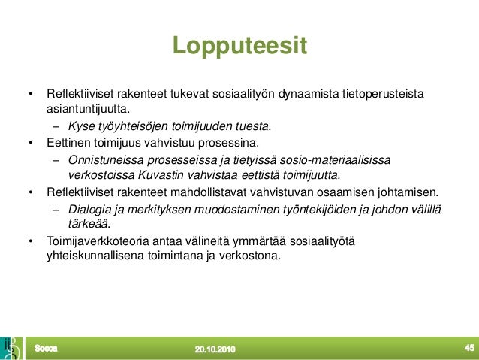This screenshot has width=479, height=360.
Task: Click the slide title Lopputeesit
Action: (239, 45)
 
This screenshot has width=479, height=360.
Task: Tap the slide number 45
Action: (469, 347)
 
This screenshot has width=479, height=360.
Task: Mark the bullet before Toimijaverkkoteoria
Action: (31, 241)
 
